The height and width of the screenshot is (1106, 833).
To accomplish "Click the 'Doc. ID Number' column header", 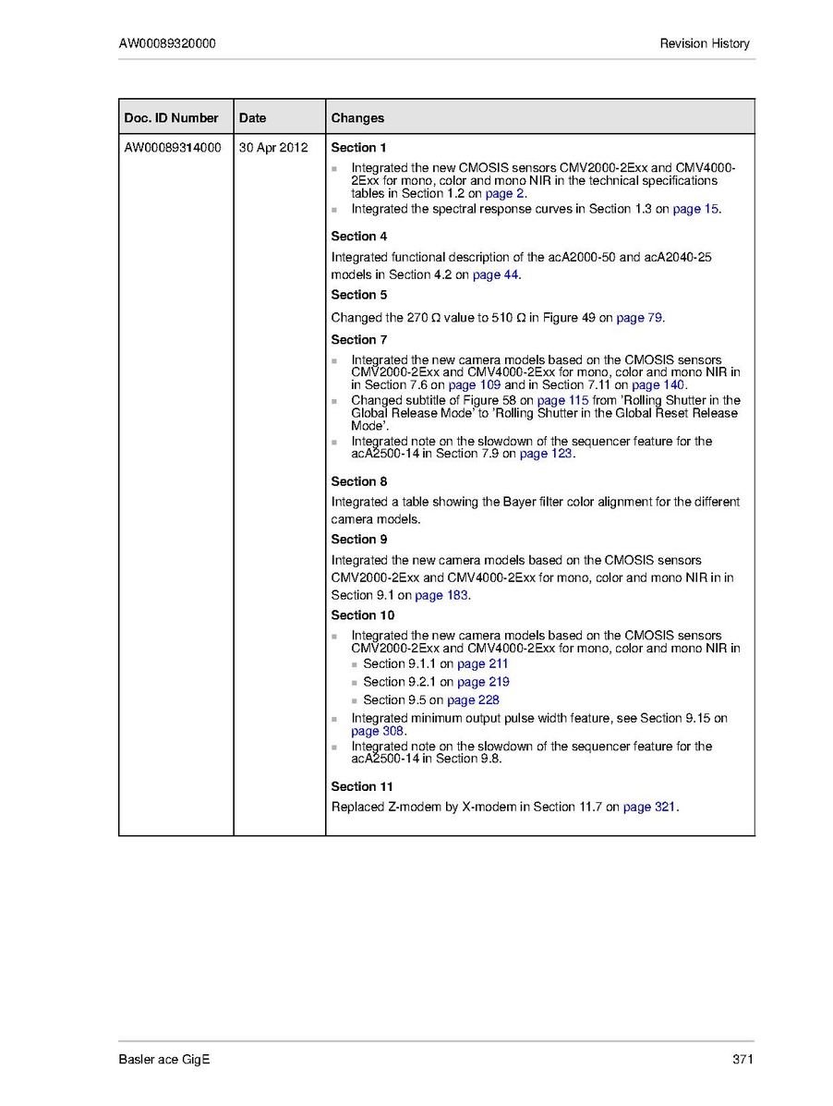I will tap(172, 117).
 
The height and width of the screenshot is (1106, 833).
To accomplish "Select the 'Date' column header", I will tap(252, 117).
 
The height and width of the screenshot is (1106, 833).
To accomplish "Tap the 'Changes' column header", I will tap(357, 117).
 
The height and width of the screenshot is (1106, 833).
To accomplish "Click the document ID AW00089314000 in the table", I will tap(173, 147).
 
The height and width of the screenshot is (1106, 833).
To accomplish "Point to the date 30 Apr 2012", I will tap(273, 147).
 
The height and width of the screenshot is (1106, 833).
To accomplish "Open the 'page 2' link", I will tap(505, 194).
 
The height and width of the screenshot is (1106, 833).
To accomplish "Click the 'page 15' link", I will tap(695, 209).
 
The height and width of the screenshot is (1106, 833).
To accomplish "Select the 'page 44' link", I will tap(496, 275).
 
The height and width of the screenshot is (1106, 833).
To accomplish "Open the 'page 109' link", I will tap(475, 384).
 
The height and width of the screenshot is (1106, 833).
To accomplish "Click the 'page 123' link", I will tap(546, 454).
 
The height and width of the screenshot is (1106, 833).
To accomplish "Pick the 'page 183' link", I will tap(441, 595).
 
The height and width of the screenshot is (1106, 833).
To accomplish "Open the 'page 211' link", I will tap(483, 663).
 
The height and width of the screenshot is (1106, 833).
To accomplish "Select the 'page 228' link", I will tap(473, 699).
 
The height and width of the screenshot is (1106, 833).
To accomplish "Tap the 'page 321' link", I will tap(650, 807).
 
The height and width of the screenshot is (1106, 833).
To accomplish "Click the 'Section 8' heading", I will tap(359, 481).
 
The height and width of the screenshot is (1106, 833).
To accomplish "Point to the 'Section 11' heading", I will tap(362, 786).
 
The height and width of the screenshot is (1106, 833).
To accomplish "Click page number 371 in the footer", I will tap(742, 1059).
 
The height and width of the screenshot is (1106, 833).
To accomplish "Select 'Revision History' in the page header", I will tap(705, 43).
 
